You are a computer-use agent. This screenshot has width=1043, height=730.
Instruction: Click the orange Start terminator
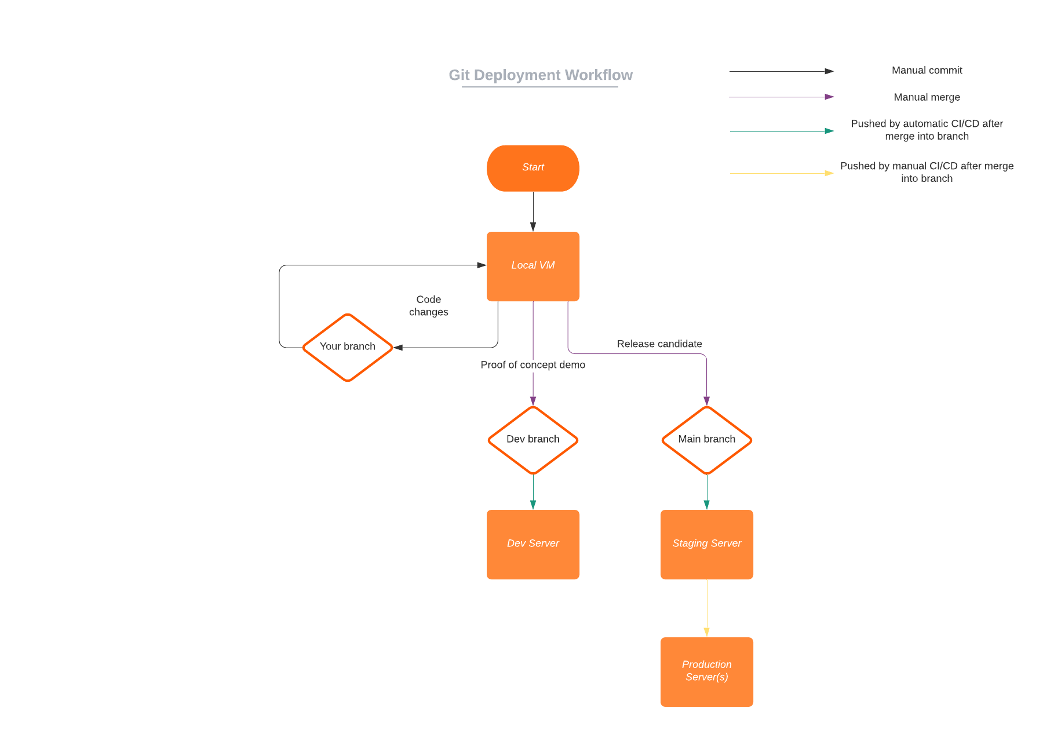pyautogui.click(x=533, y=168)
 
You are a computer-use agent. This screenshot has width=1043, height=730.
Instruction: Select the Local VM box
pyautogui.click(x=533, y=266)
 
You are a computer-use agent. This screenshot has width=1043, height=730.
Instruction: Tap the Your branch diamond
pyautogui.click(x=348, y=347)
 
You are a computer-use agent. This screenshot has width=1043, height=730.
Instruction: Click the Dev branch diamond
pyautogui.click(x=533, y=440)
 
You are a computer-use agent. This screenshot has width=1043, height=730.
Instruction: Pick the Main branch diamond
pyautogui.click(x=706, y=440)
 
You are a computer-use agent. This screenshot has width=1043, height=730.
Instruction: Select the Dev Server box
pyautogui.click(x=533, y=544)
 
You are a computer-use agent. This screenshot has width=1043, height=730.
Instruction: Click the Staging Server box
pyautogui.click(x=706, y=544)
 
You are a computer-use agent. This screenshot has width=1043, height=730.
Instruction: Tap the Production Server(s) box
pyautogui.click(x=706, y=671)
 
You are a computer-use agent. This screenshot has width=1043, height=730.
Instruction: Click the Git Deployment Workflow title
pyautogui.click(x=540, y=75)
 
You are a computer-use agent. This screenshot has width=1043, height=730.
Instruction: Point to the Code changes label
pyautogui.click(x=428, y=305)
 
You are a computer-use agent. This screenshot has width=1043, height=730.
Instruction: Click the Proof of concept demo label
pyautogui.click(x=533, y=364)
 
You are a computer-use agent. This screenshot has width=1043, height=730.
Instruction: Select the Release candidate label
pyautogui.click(x=659, y=344)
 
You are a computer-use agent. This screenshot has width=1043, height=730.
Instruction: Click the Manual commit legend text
pyautogui.click(x=927, y=70)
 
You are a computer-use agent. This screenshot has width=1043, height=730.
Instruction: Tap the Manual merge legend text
pyautogui.click(x=927, y=97)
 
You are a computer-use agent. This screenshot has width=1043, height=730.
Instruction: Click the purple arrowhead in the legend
pyautogui.click(x=829, y=97)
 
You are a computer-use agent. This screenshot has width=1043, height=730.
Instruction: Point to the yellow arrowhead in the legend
pyautogui.click(x=829, y=173)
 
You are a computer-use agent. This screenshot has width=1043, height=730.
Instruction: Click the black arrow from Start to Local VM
pyautogui.click(x=533, y=211)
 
